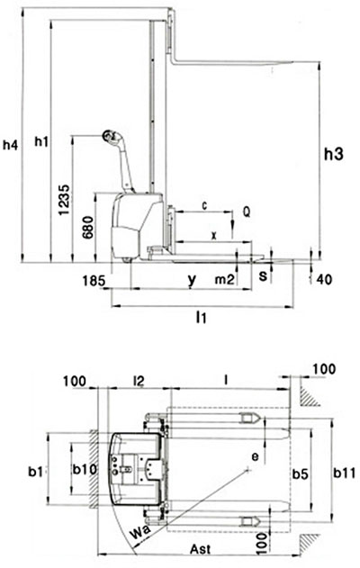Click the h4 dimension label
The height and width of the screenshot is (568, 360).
[10, 145]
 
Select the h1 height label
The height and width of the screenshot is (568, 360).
[41, 141]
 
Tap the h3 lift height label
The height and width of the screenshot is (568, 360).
[334, 154]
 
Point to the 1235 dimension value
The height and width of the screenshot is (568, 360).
[65, 200]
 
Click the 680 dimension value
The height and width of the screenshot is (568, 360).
[87, 228]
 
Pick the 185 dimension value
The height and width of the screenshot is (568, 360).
[94, 281]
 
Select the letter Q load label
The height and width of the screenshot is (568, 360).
[247, 212]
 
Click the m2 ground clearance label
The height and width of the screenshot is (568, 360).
[224, 280]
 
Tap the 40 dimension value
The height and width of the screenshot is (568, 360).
[324, 280]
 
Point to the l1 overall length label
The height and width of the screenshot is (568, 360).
[201, 318]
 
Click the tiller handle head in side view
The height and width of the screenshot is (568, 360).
[110, 137]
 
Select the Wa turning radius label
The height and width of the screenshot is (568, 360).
[139, 532]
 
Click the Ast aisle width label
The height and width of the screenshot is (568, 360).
[201, 549]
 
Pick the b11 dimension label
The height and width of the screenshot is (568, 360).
[345, 473]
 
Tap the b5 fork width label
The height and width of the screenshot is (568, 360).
[301, 473]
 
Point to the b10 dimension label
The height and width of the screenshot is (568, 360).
[85, 470]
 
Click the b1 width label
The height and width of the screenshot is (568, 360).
[36, 472]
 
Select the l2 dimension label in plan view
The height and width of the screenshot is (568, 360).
[139, 381]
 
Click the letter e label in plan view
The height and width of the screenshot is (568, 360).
[256, 457]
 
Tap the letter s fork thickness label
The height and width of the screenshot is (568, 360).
[263, 275]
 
